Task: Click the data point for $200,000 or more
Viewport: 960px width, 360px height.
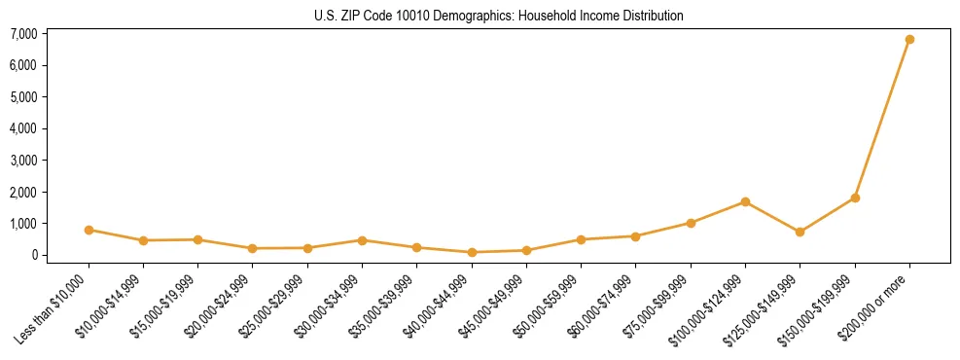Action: [x=909, y=40]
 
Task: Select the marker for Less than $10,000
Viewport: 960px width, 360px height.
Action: [x=89, y=230]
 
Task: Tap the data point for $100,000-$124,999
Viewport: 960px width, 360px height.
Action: [x=745, y=201]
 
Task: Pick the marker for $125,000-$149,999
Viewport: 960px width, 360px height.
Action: [x=800, y=232]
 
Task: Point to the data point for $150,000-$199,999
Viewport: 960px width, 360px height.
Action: [x=855, y=198]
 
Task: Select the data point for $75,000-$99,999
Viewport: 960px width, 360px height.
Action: [x=691, y=223]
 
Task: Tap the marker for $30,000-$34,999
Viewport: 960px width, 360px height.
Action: [x=362, y=240]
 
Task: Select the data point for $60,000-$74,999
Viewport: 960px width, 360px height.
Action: [x=635, y=236]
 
